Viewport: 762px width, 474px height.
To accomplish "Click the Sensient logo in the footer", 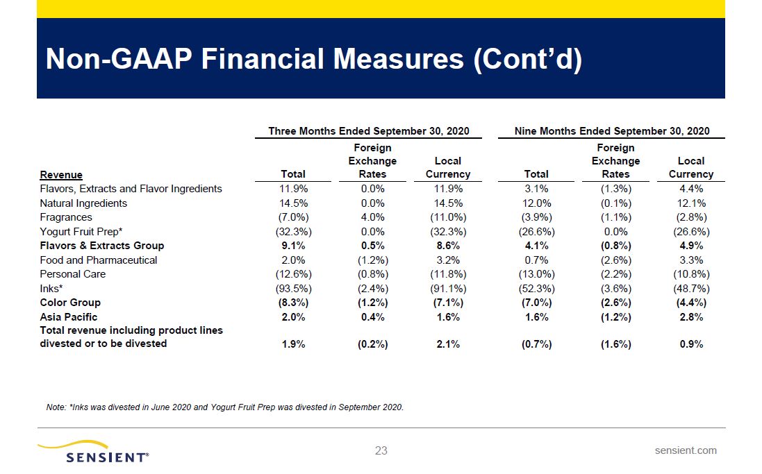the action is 93,452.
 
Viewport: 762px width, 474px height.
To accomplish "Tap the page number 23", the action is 381,450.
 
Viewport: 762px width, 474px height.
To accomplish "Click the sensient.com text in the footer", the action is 685,450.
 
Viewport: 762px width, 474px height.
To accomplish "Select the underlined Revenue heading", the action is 61,175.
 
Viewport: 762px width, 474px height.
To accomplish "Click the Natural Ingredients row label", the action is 83,203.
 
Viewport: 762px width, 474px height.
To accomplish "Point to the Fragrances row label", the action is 65,217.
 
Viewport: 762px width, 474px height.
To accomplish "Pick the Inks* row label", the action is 51,289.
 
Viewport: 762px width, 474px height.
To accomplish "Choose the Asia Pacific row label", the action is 69,317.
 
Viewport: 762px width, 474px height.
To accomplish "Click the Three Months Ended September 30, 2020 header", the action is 369,131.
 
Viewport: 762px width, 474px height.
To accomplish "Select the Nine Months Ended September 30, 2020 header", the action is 612,131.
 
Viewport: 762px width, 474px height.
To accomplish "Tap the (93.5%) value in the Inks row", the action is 294,289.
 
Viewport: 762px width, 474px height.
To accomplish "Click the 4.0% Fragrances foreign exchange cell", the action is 372,217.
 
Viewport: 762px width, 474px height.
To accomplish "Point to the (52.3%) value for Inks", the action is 536,289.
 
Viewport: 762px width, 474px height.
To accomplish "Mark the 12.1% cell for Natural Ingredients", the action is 691,203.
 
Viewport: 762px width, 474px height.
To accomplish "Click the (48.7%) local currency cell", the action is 691,289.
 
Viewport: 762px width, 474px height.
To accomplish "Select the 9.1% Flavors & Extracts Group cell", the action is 293,246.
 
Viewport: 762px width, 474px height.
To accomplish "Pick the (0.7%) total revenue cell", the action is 536,344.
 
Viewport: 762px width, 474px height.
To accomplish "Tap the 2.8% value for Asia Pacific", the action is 691,317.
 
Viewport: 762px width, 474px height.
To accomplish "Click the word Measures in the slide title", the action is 398,59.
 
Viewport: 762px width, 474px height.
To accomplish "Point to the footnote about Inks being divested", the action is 224,407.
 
